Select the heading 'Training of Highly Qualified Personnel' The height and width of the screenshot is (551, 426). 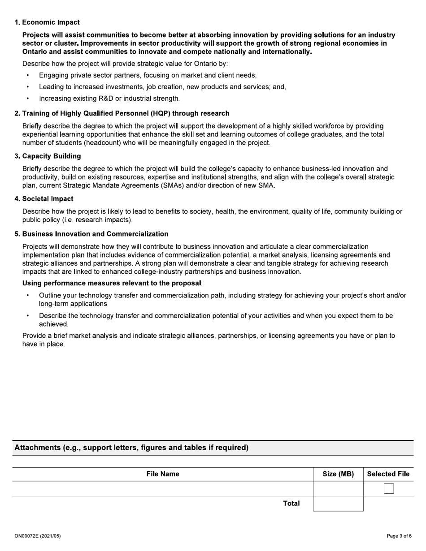click(122, 113)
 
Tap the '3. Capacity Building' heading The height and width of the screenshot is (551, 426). click(48, 156)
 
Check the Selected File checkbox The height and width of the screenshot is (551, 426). click(388, 489)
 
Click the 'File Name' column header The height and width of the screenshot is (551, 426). click(162, 474)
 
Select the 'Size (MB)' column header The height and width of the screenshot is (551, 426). click(338, 474)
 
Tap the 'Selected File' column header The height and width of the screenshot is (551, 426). click(388, 474)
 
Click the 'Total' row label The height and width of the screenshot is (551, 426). click(291, 504)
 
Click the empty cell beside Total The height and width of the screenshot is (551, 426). click(338, 504)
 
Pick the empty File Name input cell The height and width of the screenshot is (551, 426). click(162, 489)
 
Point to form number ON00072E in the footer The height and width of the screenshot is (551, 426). click(37, 536)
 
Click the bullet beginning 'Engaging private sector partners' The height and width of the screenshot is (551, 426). click(148, 75)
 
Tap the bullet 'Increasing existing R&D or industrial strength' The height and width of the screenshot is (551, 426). click(109, 98)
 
